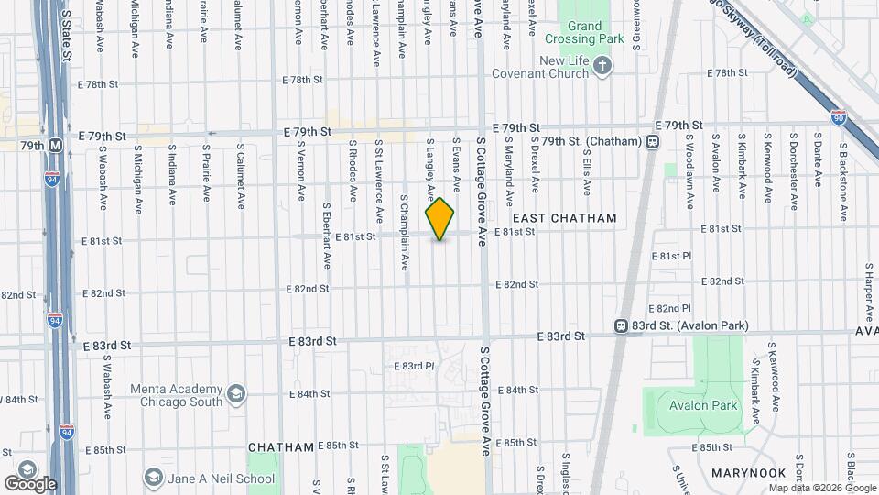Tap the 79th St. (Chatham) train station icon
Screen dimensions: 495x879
pos(652,142)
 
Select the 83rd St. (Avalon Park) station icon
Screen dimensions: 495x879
pos(621,325)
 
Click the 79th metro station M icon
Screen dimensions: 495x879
pos(56,145)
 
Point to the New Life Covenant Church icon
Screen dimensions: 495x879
pos(602,65)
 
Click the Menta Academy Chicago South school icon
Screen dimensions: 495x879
pos(236,394)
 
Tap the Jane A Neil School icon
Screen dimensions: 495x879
pos(153,478)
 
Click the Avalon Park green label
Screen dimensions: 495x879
pos(702,405)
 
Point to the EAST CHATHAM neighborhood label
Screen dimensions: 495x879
pos(564,218)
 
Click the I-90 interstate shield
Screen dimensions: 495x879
pos(839,116)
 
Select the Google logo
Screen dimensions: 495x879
pos(30,483)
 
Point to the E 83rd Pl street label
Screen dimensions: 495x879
pos(418,366)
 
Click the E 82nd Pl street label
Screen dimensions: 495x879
pos(669,308)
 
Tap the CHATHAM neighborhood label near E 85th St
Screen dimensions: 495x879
pos(281,446)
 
